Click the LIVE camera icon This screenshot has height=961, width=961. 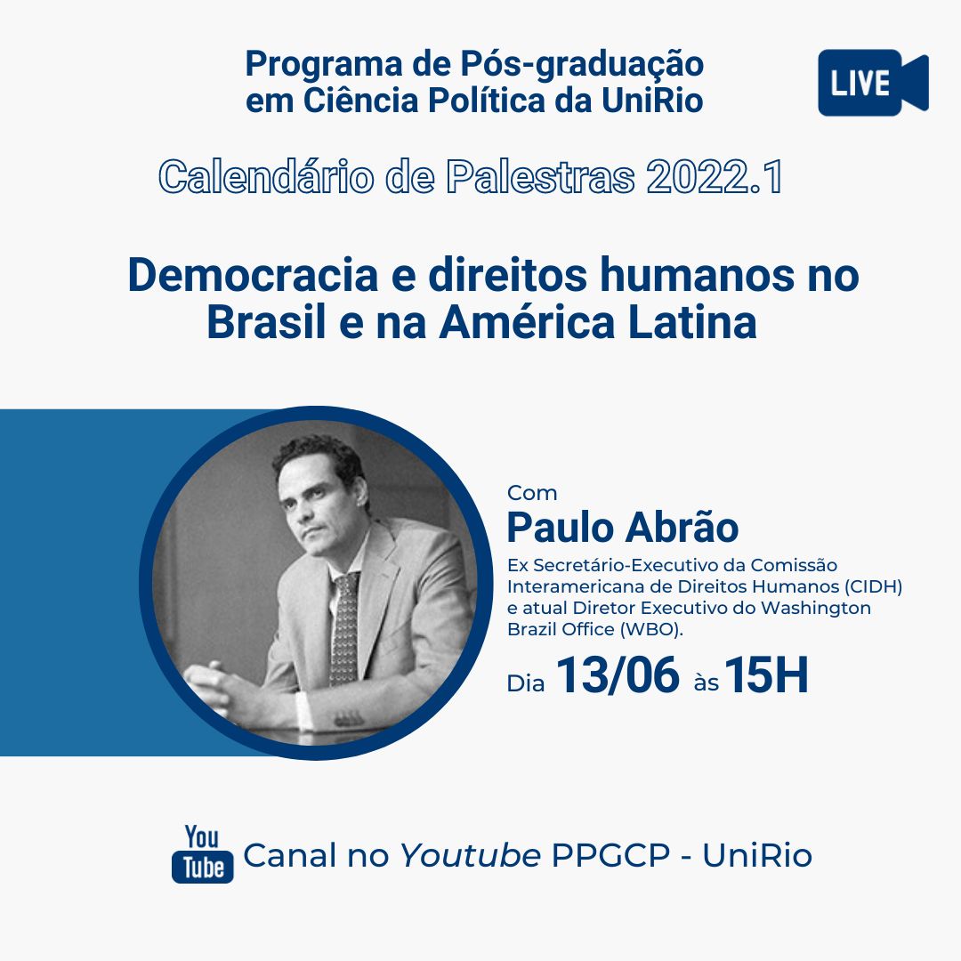[873, 83]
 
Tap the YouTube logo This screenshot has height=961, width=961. [202, 854]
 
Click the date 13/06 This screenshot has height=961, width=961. [618, 674]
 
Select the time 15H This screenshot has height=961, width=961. [766, 674]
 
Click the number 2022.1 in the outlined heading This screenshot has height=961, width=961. [715, 177]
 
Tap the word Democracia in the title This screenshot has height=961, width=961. [253, 275]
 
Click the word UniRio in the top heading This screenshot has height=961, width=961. [652, 101]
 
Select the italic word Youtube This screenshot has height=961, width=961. [470, 855]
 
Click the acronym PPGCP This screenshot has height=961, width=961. [610, 855]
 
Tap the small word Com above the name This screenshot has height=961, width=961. [532, 493]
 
